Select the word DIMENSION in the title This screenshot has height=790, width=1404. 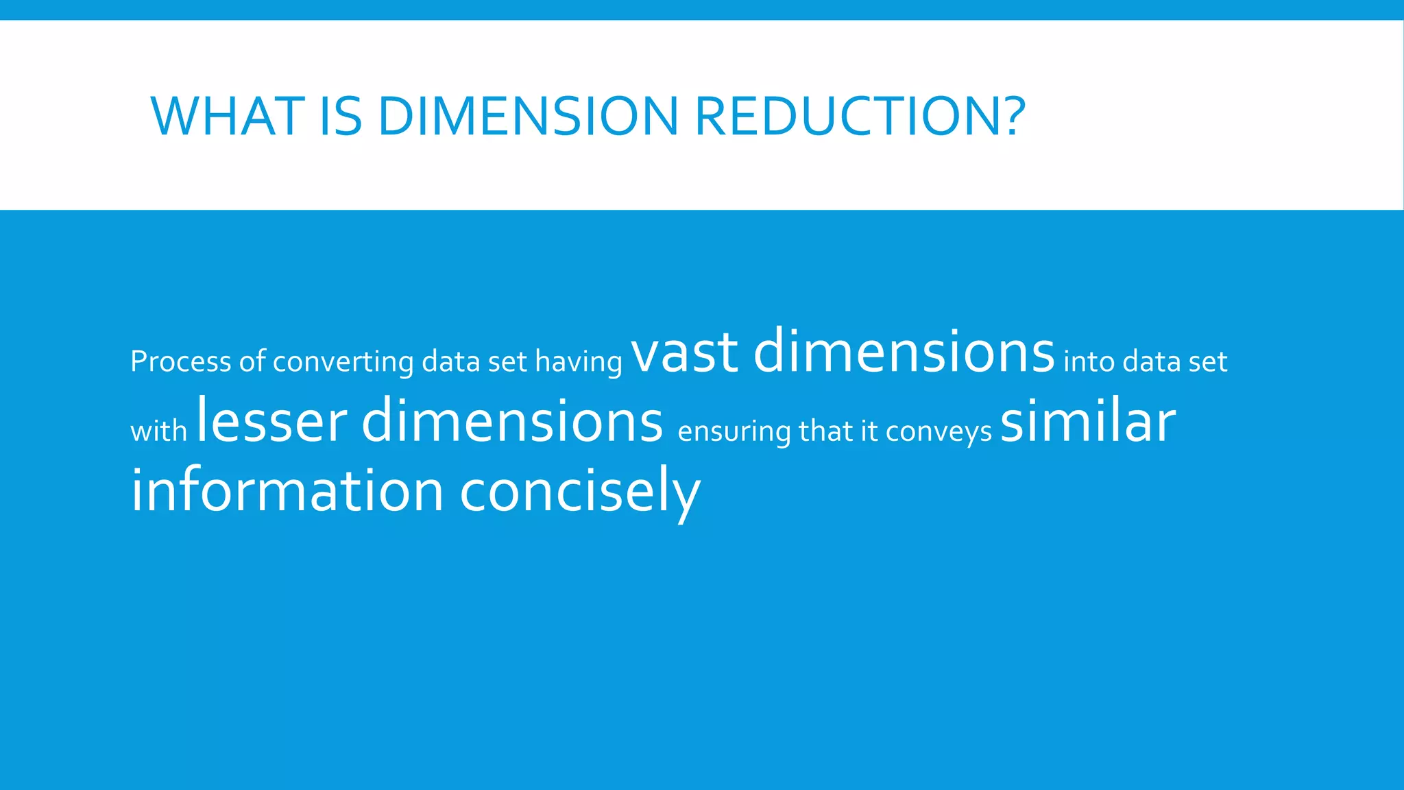pyautogui.click(x=528, y=116)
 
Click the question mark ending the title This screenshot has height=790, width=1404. pyautogui.click(x=1010, y=116)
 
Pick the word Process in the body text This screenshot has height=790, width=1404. pyautogui.click(x=181, y=361)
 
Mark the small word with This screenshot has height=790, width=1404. pyautogui.click(x=158, y=431)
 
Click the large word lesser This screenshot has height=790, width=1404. pyautogui.click(x=272, y=422)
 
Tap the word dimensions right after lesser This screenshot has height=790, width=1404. pyautogui.click(x=512, y=421)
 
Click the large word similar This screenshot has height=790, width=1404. pyautogui.click(x=1088, y=421)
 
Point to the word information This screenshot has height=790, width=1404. pyautogui.click(x=287, y=491)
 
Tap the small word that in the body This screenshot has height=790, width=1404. pyautogui.click(x=825, y=431)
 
